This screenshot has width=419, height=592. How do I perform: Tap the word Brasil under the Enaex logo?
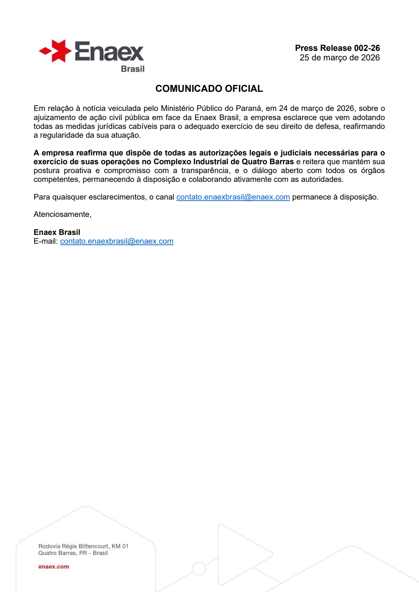tap(133, 69)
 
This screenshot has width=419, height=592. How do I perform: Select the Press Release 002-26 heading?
tap(337, 48)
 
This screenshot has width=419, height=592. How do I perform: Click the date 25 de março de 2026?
tap(339, 58)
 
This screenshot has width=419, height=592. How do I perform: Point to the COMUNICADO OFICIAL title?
tap(209, 89)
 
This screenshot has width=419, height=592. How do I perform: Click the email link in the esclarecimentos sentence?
tap(233, 197)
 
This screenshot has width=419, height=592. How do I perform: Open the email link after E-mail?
tap(117, 241)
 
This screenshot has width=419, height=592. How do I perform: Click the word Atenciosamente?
tap(62, 214)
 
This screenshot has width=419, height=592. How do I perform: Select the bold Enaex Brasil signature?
tap(57, 232)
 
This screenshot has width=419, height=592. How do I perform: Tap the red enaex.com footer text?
tap(54, 567)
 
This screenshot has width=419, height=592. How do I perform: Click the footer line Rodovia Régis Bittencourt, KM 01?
tap(83, 546)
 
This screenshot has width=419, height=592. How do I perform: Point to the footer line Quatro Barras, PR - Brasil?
tap(73, 553)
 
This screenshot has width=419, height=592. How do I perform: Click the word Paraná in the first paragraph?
tap(249, 108)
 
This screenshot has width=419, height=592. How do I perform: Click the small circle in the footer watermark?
tap(199, 569)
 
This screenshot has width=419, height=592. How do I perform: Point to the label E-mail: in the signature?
tap(46, 241)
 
